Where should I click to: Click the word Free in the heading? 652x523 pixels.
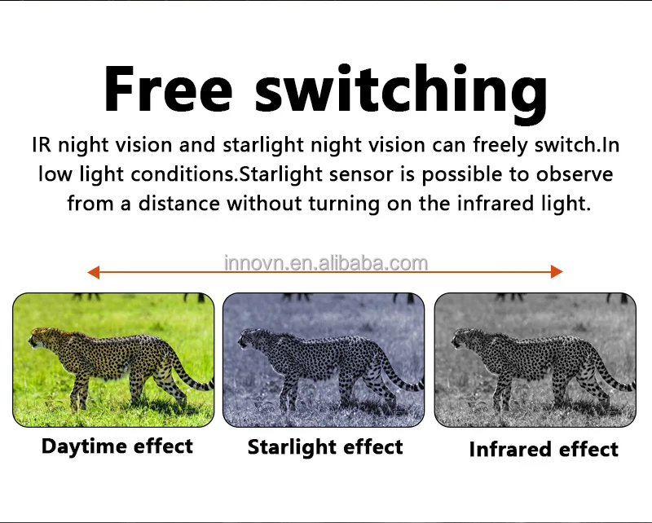click(168, 89)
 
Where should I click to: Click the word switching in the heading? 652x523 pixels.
click(401, 93)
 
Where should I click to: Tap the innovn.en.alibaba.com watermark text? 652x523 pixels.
click(326, 263)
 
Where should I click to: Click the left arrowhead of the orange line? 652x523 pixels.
click(94, 272)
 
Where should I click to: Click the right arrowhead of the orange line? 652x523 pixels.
click(557, 271)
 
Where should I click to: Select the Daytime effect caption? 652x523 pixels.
click(117, 446)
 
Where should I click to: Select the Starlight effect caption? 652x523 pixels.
click(325, 448)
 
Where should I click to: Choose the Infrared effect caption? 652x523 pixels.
click(544, 450)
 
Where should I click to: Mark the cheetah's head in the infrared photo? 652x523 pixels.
click(465, 338)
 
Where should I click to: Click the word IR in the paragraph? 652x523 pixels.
click(42, 145)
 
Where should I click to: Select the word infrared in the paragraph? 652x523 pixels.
click(496, 204)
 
